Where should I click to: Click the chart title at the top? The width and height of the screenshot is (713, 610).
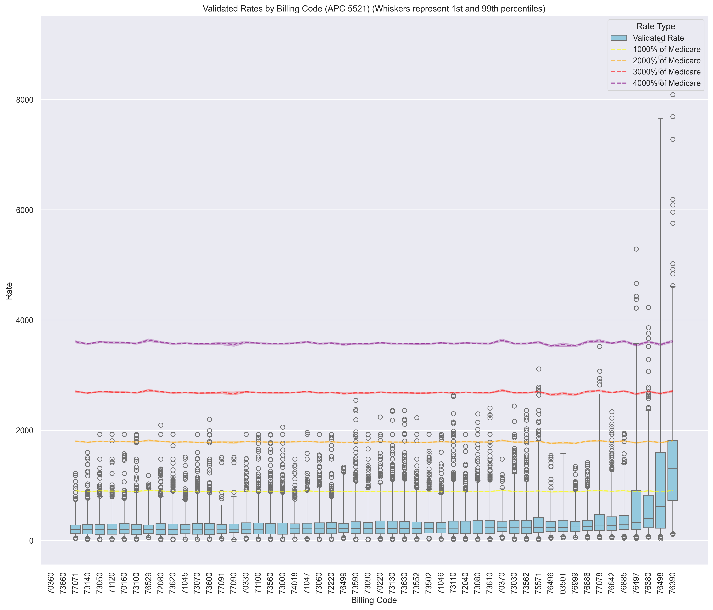pyautogui.click(x=374, y=9)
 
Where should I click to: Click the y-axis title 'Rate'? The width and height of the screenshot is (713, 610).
pyautogui.click(x=9, y=291)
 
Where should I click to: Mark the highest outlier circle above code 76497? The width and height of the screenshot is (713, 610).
pyautogui.click(x=636, y=249)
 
